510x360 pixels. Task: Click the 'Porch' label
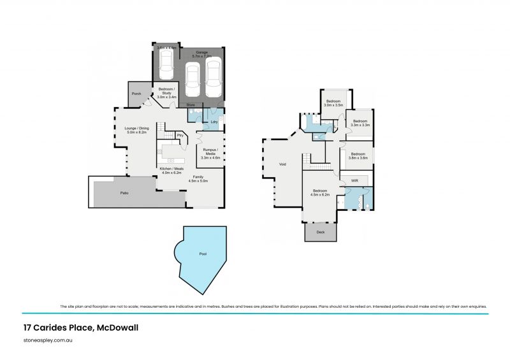pos(136,94)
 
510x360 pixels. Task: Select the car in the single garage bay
pos(166,62)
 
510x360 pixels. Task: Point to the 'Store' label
pos(190,104)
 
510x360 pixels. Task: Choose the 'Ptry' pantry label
pos(180,135)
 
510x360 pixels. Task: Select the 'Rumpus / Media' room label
pos(210,152)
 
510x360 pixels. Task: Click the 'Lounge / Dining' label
pos(136,131)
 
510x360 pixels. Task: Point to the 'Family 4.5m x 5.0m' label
pos(198,178)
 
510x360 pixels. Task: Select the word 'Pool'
pos(203,254)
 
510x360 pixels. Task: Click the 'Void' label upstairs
pos(282,164)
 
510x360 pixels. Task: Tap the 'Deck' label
pos(320,232)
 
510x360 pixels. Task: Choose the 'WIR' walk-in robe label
pos(354,181)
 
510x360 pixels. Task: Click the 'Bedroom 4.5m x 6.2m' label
pos(321,193)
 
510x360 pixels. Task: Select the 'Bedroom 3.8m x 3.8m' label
pos(358,155)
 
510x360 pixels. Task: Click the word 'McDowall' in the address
pos(118,328)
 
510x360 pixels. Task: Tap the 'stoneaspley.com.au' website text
pos(47,342)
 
